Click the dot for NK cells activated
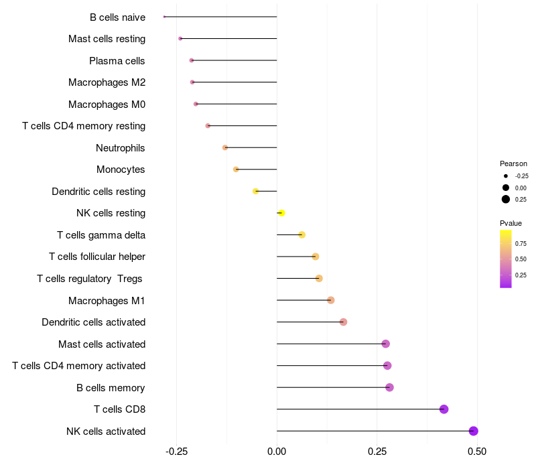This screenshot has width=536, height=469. (x=474, y=431)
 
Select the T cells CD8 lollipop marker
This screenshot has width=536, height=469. (x=444, y=409)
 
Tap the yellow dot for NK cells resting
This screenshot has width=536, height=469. (x=281, y=213)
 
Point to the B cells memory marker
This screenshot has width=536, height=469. (x=389, y=387)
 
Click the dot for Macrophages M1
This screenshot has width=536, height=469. (x=331, y=300)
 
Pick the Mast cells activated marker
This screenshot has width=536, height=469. (x=385, y=344)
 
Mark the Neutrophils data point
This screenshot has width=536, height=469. (x=225, y=147)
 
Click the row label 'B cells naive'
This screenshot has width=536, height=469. (x=117, y=17)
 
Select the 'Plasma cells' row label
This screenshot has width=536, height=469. (x=117, y=61)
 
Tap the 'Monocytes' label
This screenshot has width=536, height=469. (x=121, y=170)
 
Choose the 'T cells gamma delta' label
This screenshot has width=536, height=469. (x=101, y=235)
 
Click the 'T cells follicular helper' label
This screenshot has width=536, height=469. (x=97, y=257)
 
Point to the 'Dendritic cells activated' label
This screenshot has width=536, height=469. (x=93, y=322)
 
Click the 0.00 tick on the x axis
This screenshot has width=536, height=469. (x=277, y=452)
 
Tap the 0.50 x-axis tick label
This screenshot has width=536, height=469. (x=477, y=452)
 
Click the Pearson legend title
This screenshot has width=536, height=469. (x=513, y=163)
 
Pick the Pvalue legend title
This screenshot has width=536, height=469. (x=511, y=223)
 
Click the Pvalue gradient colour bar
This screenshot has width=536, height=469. (x=506, y=259)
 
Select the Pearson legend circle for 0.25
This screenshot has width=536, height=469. (x=506, y=199)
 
